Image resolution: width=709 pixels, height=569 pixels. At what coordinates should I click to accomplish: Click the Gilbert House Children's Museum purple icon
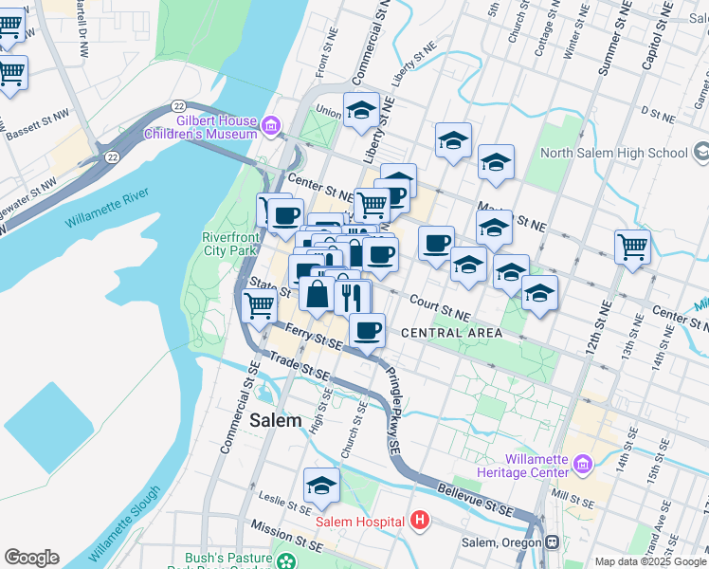pyautogui.click(x=272, y=125)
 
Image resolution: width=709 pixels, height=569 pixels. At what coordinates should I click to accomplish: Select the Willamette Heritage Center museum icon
pyautogui.click(x=582, y=463)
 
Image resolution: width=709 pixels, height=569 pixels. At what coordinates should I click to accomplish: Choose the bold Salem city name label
pyautogui.click(x=275, y=420)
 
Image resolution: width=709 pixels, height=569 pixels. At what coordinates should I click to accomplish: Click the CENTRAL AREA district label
pyautogui.click(x=451, y=333)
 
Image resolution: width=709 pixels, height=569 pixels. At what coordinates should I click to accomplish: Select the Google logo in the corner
pyautogui.click(x=31, y=558)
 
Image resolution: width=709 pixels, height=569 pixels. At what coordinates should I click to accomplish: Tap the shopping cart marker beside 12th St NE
pyautogui.click(x=632, y=247)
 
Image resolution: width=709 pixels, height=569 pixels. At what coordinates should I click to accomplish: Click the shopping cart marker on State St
pyautogui.click(x=259, y=305)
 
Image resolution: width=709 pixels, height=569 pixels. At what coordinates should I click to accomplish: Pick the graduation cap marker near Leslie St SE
pyautogui.click(x=322, y=486)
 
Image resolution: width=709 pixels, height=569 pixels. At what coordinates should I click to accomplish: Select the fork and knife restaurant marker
pyautogui.click(x=352, y=296)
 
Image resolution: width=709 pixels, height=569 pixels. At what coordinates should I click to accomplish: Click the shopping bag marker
pyautogui.click(x=317, y=295)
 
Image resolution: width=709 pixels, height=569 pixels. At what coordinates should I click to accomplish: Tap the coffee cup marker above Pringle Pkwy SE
pyautogui.click(x=367, y=330)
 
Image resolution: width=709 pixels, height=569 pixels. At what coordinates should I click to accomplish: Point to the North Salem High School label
pyautogui.click(x=613, y=153)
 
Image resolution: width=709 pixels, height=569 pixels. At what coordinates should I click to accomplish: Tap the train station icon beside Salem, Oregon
pyautogui.click(x=551, y=542)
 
